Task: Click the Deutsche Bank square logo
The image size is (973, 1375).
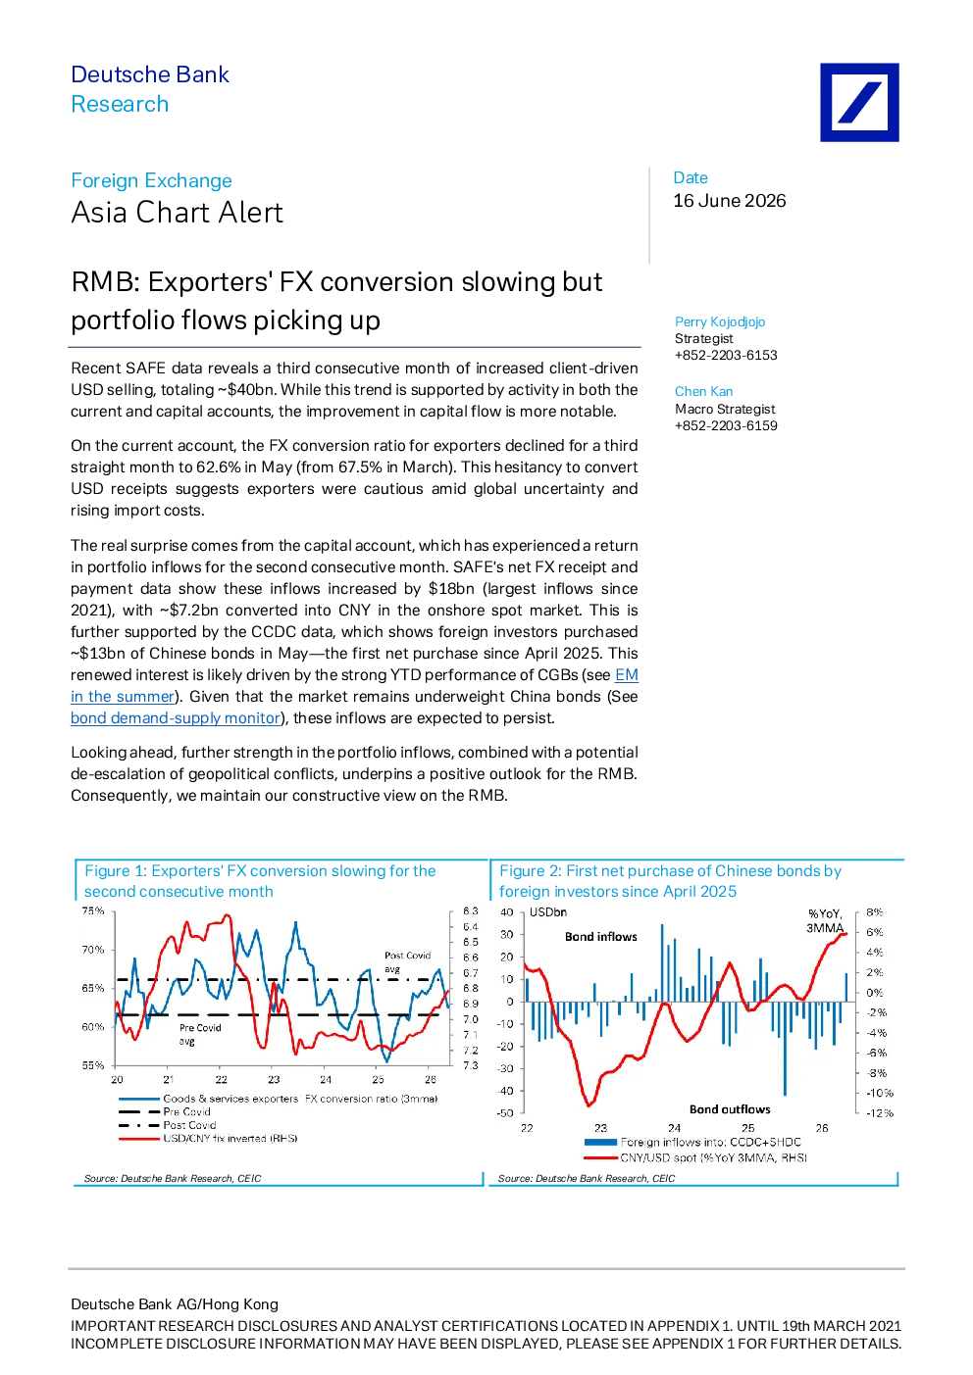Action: coord(859,103)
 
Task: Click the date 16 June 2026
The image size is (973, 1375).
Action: coord(729,201)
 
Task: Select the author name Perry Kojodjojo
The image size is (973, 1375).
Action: coord(719,321)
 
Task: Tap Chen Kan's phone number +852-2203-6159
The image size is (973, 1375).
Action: coord(726,426)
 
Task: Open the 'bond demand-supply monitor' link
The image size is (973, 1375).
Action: coord(175,717)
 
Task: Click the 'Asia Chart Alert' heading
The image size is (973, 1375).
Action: coord(177,213)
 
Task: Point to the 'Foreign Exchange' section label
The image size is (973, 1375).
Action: coord(151,180)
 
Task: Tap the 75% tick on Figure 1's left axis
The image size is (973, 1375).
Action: coord(93,910)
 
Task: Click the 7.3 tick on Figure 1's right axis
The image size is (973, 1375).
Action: coord(470,1065)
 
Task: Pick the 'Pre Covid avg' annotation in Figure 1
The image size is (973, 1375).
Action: coord(200,1034)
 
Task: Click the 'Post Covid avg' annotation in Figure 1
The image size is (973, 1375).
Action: coord(407,961)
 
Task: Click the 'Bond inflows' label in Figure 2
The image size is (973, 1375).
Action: coord(600,937)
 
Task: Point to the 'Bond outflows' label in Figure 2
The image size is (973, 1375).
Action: coord(730,1109)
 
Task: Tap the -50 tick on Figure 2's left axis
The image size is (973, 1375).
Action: coord(505,1113)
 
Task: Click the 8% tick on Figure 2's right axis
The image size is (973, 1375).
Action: coord(874,912)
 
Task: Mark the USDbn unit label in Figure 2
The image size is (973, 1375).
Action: coord(548,912)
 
